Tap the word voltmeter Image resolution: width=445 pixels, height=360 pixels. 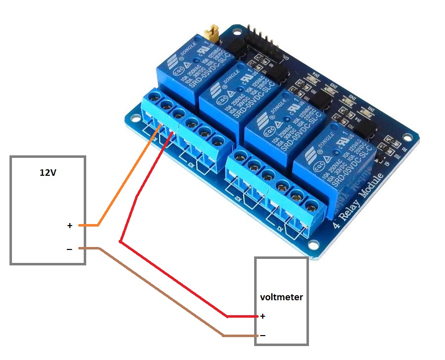point(281,297)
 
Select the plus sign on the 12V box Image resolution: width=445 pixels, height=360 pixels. point(70,226)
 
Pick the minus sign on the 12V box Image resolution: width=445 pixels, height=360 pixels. point(69,248)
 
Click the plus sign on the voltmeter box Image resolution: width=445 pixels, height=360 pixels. point(263,316)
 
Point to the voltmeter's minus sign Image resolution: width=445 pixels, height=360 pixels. point(263,336)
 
